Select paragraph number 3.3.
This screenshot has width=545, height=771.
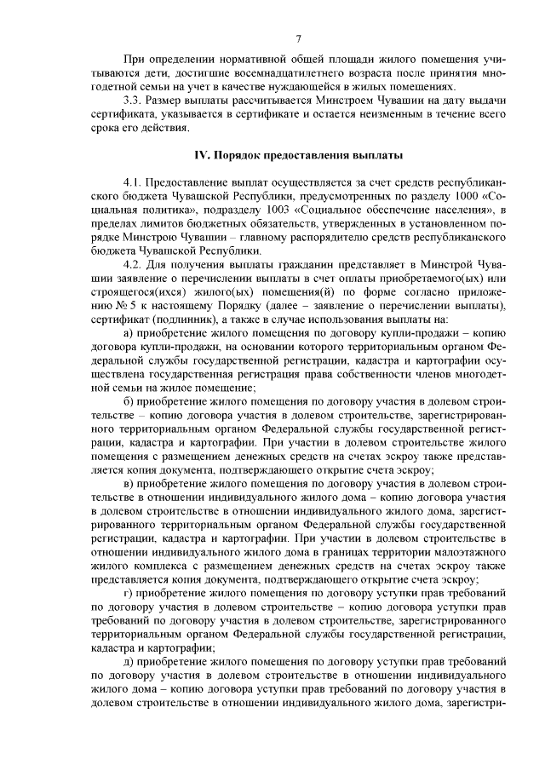coord(134,101)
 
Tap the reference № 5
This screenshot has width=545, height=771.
coord(109,307)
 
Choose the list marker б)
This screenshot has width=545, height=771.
coord(129,402)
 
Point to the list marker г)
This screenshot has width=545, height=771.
coord(128,592)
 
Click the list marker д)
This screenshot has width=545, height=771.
coord(129,660)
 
